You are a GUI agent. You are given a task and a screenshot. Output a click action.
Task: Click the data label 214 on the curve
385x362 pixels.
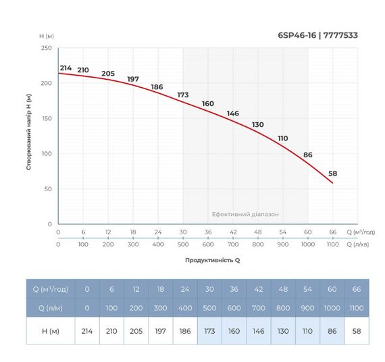click(66, 68)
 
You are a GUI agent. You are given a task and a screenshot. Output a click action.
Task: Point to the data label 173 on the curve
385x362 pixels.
click(182, 95)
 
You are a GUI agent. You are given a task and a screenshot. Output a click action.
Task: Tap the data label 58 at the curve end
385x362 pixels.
click(332, 174)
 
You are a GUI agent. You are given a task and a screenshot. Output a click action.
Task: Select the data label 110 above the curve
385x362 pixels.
click(282, 138)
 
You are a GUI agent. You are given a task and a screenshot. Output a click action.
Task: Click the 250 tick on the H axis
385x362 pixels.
click(47, 49)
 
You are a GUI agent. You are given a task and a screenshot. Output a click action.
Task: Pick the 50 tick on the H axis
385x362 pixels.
click(48, 189)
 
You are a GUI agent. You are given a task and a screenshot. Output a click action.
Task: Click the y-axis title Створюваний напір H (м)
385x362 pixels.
click(29, 132)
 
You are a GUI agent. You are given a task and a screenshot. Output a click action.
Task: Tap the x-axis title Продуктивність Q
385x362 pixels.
click(213, 259)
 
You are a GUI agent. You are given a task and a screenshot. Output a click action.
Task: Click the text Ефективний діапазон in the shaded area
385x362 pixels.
click(245, 214)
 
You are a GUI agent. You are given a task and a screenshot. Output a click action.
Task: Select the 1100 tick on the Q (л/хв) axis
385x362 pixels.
click(332, 244)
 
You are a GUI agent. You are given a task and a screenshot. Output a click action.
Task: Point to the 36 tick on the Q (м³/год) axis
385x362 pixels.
click(208, 232)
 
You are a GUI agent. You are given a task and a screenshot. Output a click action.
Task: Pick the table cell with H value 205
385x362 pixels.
click(136, 331)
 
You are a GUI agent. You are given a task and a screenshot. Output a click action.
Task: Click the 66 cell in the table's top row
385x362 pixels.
click(357, 289)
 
